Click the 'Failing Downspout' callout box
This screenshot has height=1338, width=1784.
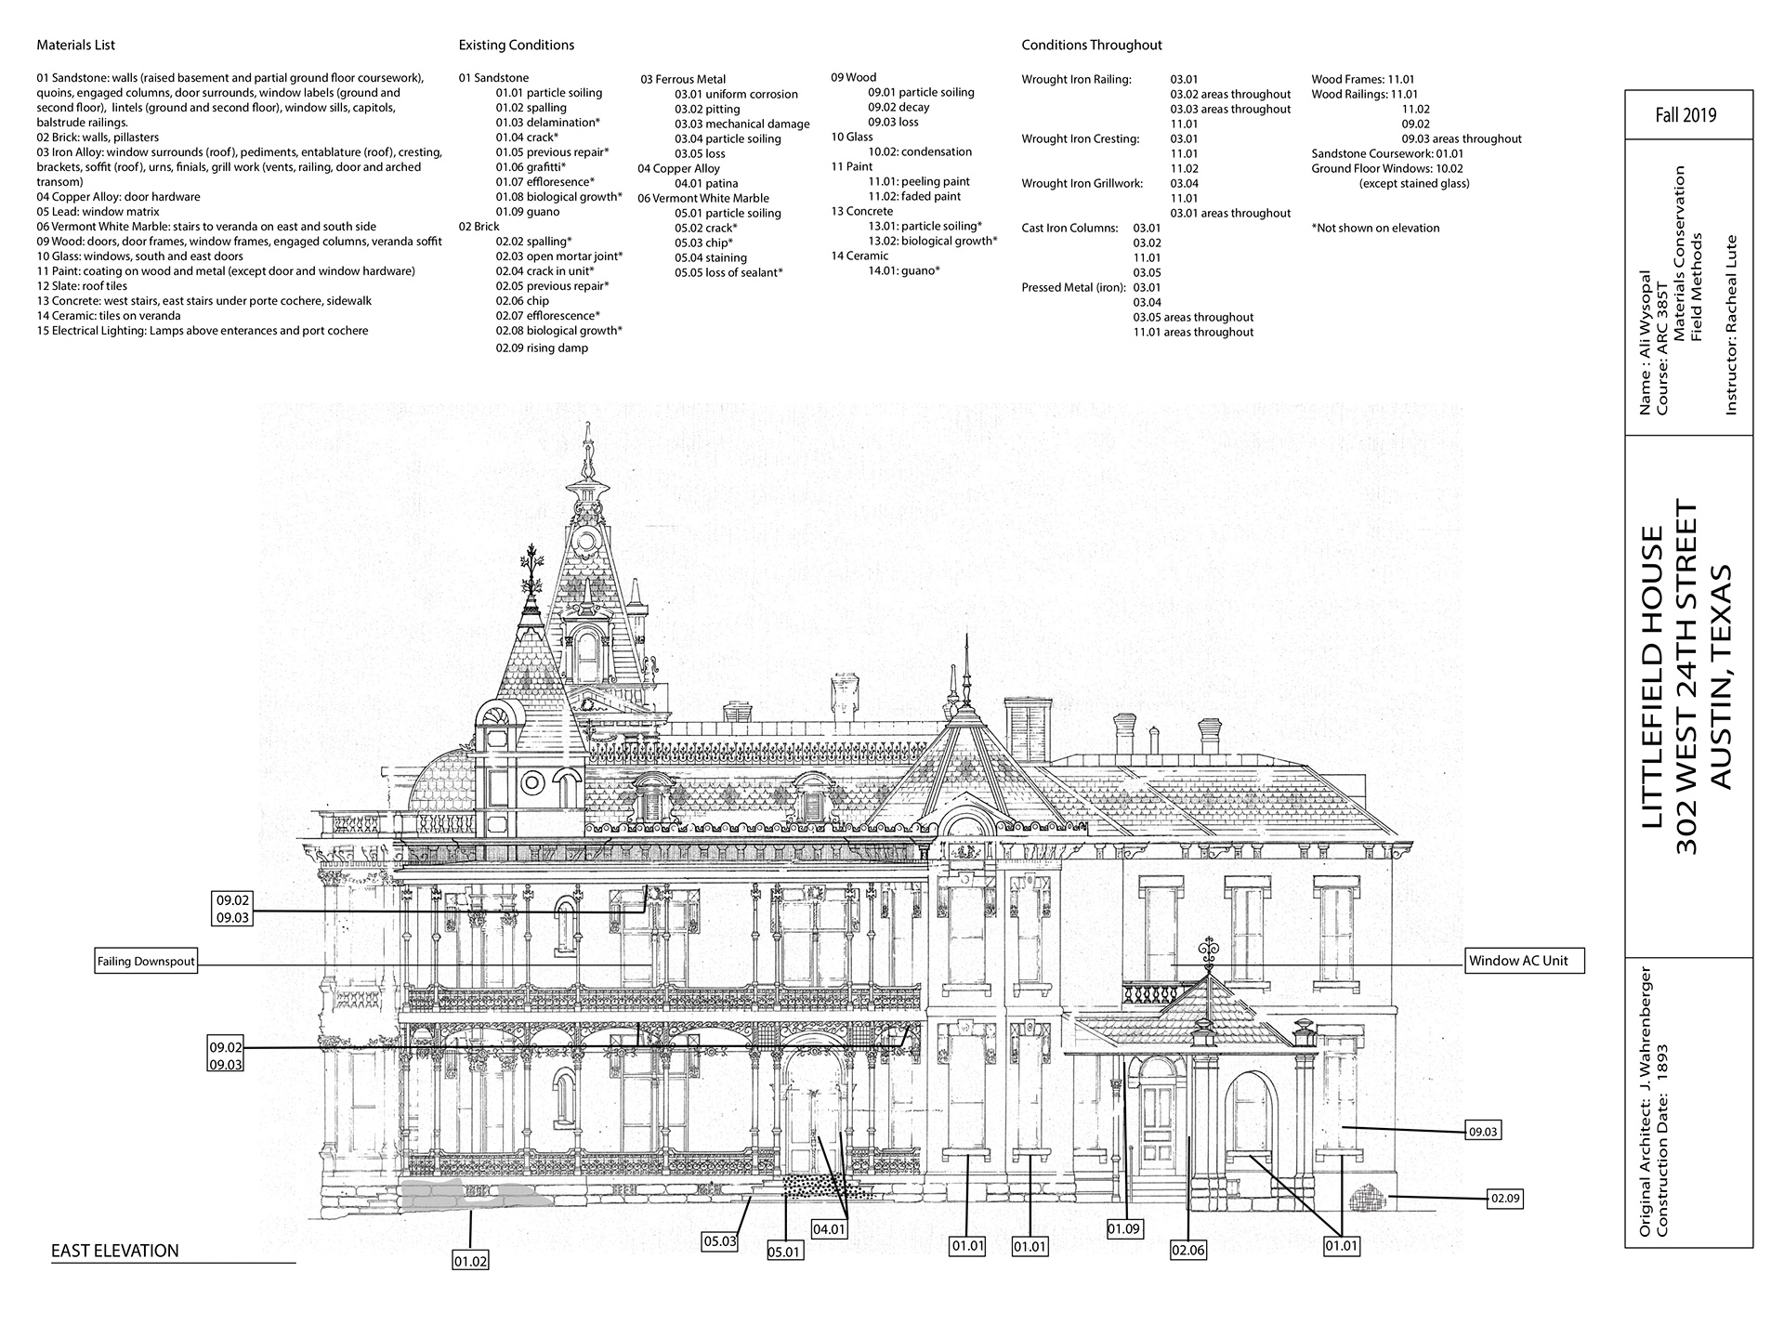coord(146,962)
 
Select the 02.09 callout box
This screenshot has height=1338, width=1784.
coord(1505,1199)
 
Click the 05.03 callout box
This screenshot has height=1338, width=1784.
coord(719,1240)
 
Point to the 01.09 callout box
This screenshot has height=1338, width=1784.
coord(1124,1228)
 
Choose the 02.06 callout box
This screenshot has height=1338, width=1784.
coord(1187,1250)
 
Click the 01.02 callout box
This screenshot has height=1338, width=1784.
coord(470,1261)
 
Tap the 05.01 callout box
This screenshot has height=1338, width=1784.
coord(785,1252)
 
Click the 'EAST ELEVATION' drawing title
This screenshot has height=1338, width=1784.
coord(115,1251)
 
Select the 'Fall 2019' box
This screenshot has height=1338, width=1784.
coord(1686,115)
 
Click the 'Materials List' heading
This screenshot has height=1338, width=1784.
coord(76,45)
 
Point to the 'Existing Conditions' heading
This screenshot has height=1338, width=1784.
coord(517,45)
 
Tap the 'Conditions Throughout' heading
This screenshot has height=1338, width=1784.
coord(1092,45)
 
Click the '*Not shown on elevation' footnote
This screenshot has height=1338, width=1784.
coord(1375,228)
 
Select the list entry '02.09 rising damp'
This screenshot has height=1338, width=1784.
coord(544,348)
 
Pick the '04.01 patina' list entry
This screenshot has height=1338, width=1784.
coord(706,183)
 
